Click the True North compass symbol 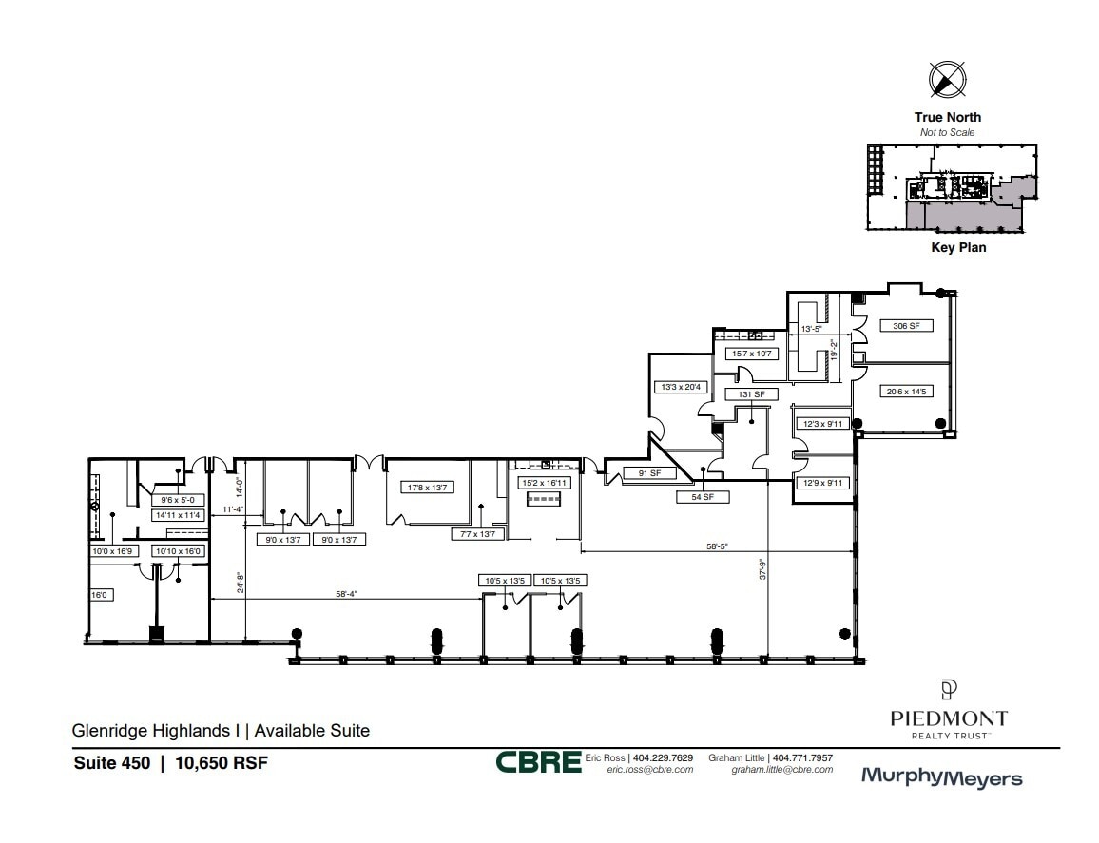[x=946, y=79]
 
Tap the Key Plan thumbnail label [x=957, y=248]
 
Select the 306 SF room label [x=906, y=326]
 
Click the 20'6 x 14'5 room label [x=904, y=391]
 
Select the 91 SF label [x=648, y=473]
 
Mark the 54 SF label [x=702, y=497]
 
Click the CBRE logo [x=537, y=762]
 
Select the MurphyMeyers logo [x=940, y=777]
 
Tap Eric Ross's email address [x=649, y=770]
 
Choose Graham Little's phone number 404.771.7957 [x=802, y=757]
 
